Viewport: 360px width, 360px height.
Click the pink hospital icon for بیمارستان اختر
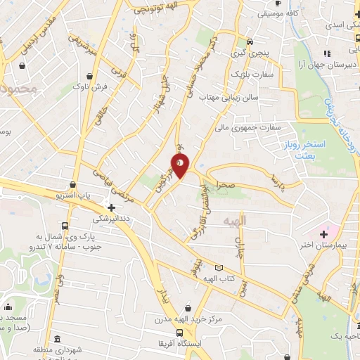click(x=324, y=233)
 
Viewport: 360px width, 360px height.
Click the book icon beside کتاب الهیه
click(x=219, y=268)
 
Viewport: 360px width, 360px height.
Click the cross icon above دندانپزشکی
click(x=111, y=207)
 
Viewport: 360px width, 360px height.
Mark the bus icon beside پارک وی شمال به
click(x=65, y=226)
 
